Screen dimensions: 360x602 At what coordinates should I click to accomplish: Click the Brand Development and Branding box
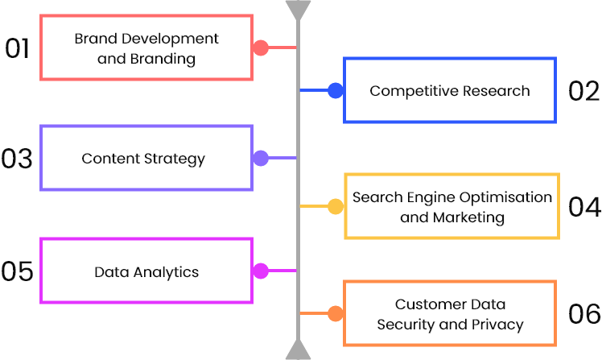pos(146,48)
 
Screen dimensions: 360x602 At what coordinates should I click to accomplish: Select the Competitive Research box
pos(449,90)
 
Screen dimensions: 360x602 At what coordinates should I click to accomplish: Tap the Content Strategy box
pos(146,158)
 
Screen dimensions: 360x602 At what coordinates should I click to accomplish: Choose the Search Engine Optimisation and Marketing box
pos(451,207)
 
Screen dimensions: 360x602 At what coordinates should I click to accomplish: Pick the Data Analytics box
pos(146,271)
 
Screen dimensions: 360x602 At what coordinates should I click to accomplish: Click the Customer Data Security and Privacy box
pos(450,314)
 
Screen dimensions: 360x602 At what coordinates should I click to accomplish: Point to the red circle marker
pos(260,48)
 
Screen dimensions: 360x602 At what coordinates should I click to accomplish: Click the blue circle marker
pos(336,90)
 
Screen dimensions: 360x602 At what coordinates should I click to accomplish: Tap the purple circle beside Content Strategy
pos(261,158)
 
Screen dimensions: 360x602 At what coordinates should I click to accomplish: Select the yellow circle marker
pos(336,207)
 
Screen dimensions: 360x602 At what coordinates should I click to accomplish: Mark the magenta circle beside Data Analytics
pos(261,271)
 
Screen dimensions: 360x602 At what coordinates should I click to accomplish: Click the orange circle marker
pos(336,313)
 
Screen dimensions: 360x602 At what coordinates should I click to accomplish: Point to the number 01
pos(18,48)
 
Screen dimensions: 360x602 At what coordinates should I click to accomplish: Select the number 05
pos(18,271)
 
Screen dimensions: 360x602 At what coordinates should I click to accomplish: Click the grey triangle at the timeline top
pos(298,10)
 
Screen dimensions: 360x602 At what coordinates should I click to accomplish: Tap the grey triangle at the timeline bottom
pos(298,350)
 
